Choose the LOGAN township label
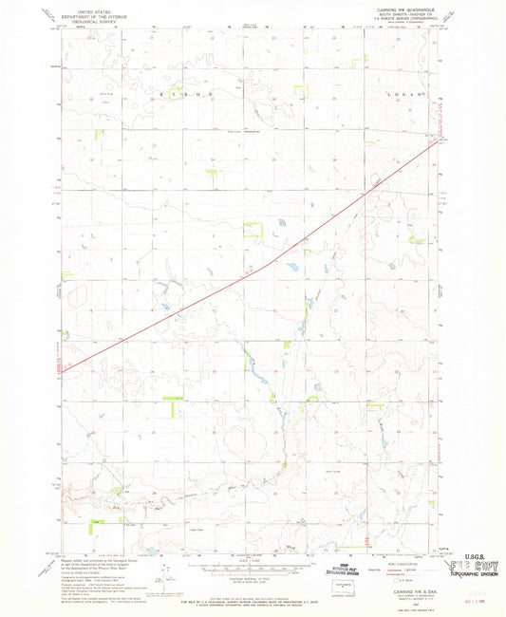click(397, 96)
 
